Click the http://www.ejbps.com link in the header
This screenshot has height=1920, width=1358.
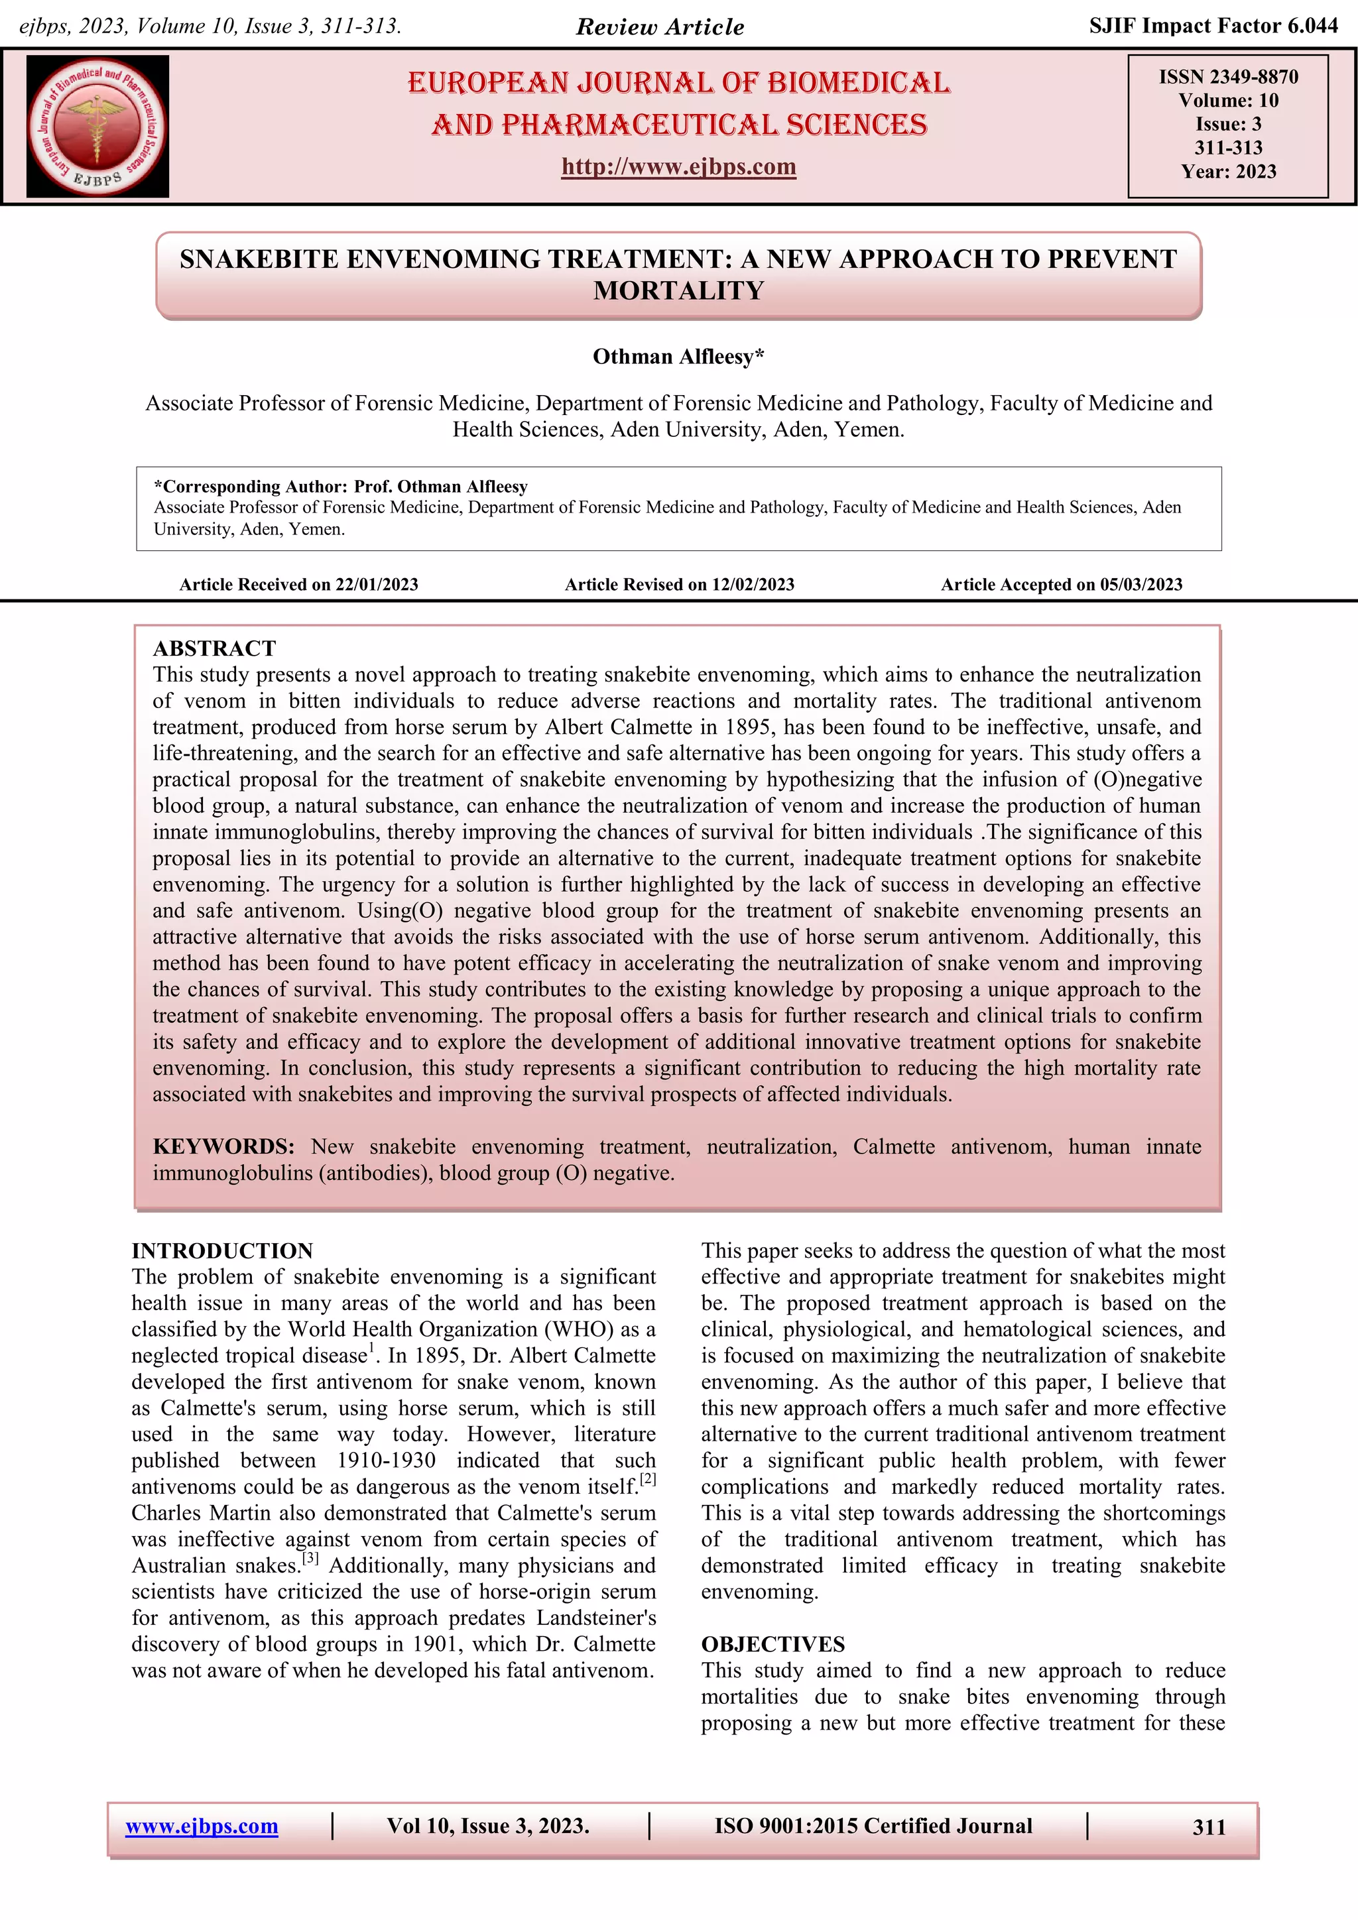pyautogui.click(x=678, y=166)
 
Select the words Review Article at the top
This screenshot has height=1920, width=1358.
pyautogui.click(x=660, y=27)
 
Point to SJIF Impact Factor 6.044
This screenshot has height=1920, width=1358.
pyautogui.click(x=1213, y=26)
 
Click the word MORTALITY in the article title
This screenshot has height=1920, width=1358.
pyautogui.click(x=678, y=290)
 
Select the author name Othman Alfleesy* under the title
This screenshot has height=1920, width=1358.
pyautogui.click(x=678, y=357)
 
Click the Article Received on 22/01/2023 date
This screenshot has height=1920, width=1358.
pyautogui.click(x=298, y=585)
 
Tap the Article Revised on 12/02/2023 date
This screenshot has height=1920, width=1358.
pyautogui.click(x=679, y=585)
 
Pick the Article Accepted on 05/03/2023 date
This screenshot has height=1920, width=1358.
pyautogui.click(x=1061, y=585)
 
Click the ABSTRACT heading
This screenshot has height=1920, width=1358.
pyautogui.click(x=214, y=648)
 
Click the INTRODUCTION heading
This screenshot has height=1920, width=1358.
pyautogui.click(x=221, y=1250)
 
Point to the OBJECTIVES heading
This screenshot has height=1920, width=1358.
pyautogui.click(x=772, y=1644)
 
